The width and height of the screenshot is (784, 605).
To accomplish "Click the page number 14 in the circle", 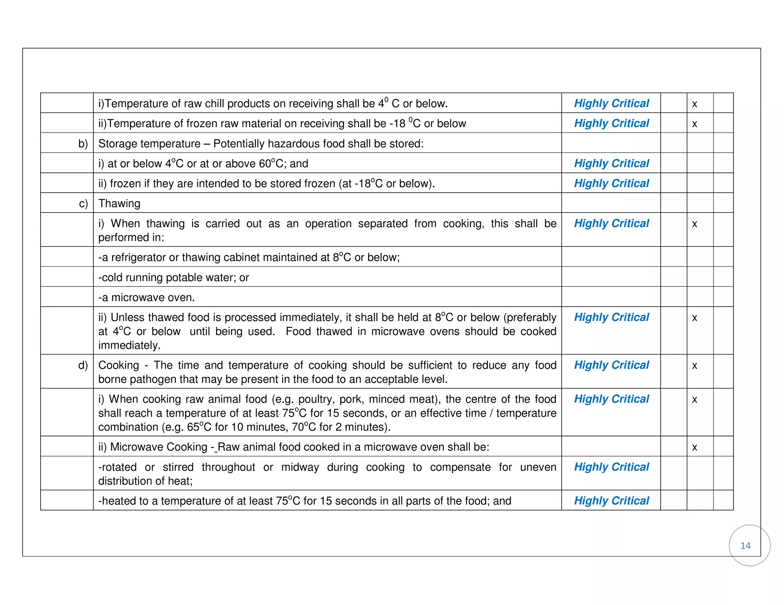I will [745, 545].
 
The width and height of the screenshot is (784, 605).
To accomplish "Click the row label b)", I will [83, 144].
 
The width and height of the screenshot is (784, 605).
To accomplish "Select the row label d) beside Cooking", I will [83, 365].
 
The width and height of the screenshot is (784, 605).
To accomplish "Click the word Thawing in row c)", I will [119, 203].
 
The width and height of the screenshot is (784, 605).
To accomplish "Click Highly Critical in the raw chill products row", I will [611, 103].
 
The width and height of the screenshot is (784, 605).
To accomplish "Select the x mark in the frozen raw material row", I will [694, 124].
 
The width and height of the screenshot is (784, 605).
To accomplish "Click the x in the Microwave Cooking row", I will [694, 447].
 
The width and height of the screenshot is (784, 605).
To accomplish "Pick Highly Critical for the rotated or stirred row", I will [611, 467].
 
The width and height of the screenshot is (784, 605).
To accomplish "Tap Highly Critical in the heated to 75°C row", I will [611, 501].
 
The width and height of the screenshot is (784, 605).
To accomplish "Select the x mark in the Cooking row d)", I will [694, 366].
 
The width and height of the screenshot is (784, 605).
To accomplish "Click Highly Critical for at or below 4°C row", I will [611, 163].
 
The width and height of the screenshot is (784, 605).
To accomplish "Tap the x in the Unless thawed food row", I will [694, 318].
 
